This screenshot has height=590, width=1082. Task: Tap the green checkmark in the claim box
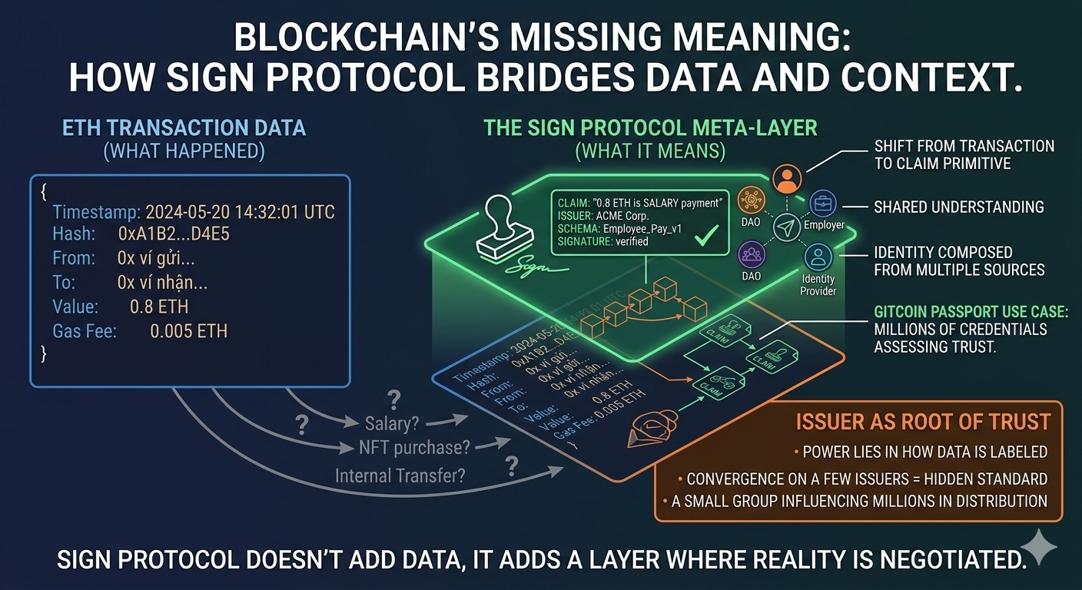[x=701, y=234]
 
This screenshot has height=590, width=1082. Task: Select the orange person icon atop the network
[x=785, y=180]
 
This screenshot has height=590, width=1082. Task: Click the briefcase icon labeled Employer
[x=823, y=204]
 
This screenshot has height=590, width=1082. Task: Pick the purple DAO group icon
[x=751, y=253]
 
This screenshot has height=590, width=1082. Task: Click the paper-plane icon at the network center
[x=786, y=227]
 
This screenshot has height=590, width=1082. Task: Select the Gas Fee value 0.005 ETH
[x=189, y=331]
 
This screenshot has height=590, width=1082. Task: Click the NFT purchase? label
[x=414, y=448]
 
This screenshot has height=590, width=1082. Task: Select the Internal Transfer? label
[x=400, y=476]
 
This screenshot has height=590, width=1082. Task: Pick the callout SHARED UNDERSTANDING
[x=959, y=207]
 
